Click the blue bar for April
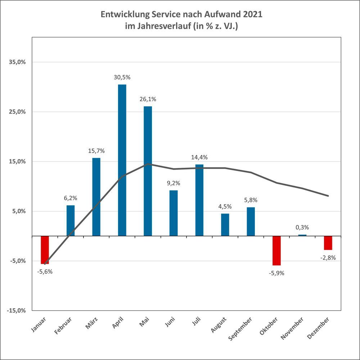click(x=122, y=160)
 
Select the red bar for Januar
click(x=45, y=250)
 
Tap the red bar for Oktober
click(x=276, y=251)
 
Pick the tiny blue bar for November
click(x=302, y=235)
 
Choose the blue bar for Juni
click(x=174, y=213)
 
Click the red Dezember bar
click(x=328, y=243)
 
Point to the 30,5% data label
click(x=122, y=77)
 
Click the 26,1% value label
click(x=148, y=99)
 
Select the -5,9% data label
click(x=276, y=273)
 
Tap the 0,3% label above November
click(x=302, y=228)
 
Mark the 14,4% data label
click(x=199, y=157)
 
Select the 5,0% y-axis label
click(x=19, y=211)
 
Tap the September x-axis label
click(x=240, y=329)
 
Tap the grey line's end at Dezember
click(x=328, y=196)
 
